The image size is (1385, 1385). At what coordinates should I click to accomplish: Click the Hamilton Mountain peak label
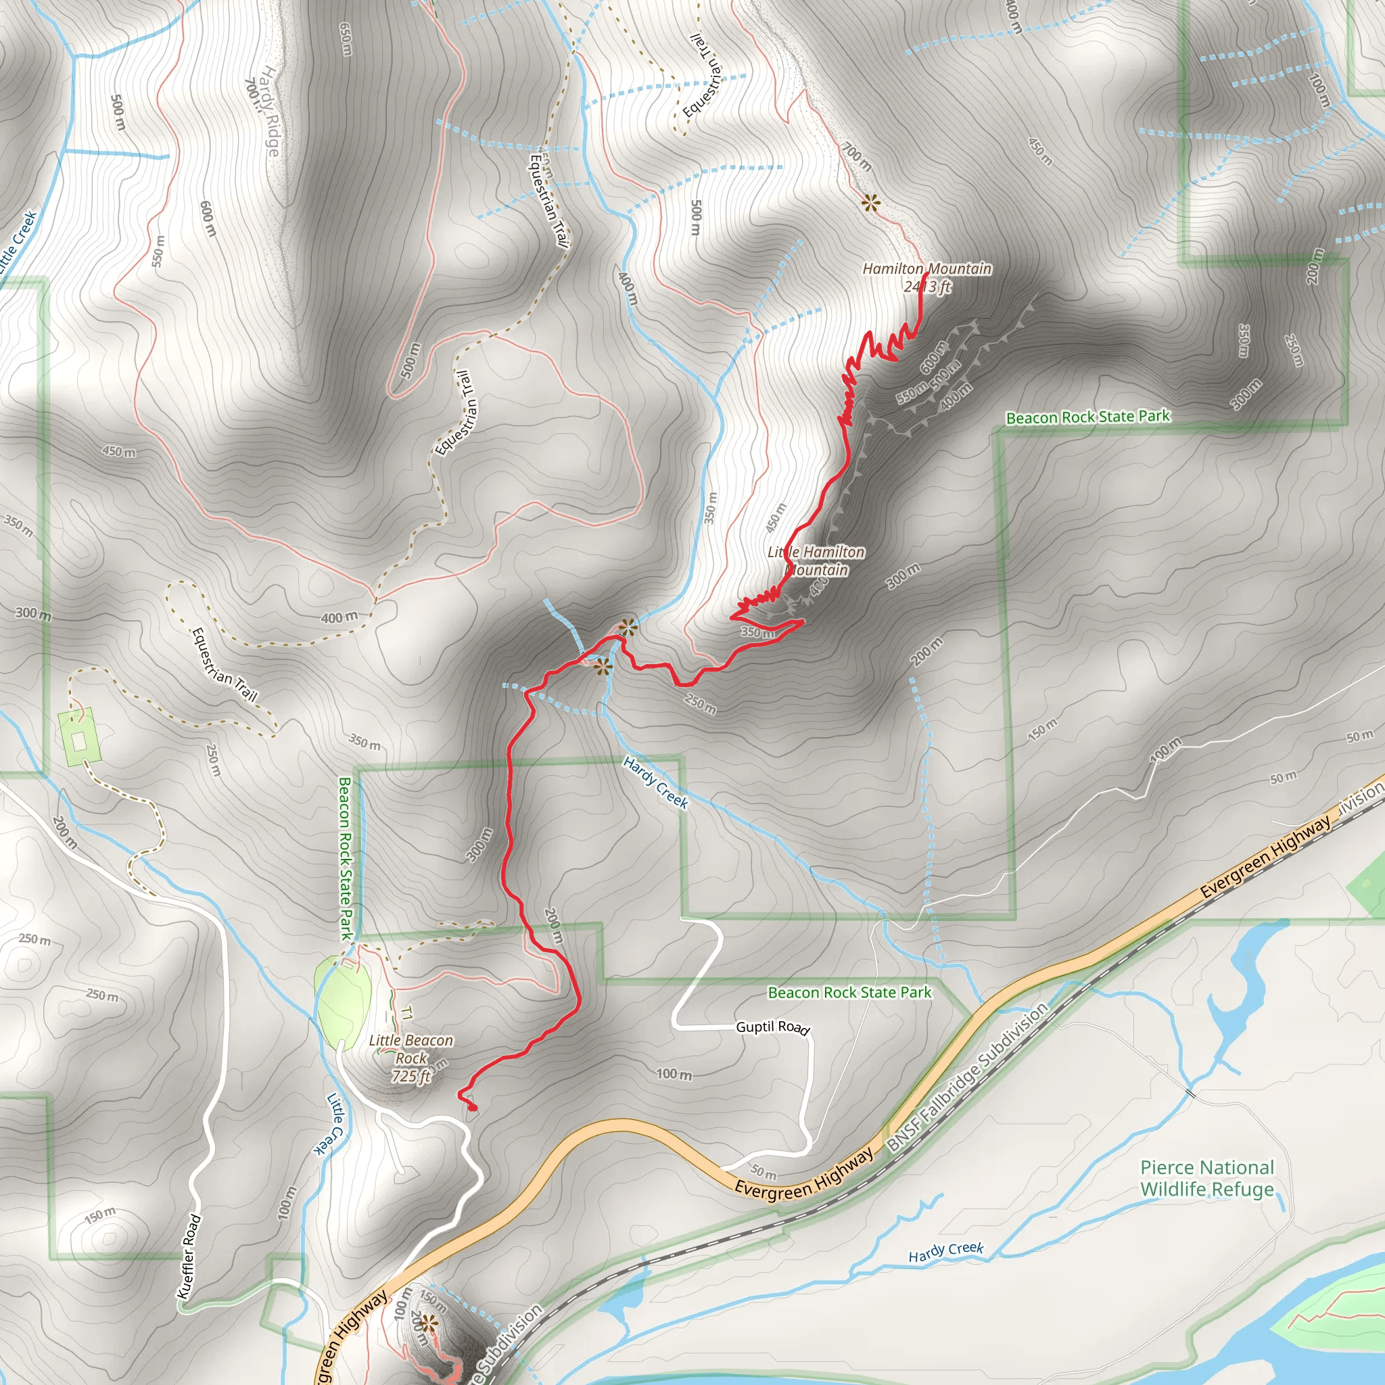pos(926,268)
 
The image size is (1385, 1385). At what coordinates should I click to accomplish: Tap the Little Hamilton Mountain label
pos(816,561)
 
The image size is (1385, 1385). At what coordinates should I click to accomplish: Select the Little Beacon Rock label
pos(410,1049)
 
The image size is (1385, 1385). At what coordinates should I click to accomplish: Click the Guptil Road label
pos(773,1027)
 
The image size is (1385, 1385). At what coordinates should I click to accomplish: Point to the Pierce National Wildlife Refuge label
pos(1207,1178)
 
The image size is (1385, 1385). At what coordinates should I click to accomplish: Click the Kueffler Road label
pos(189,1256)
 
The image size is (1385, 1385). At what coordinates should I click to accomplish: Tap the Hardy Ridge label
pos(269,110)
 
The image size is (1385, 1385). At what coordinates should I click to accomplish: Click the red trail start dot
pos(473,1108)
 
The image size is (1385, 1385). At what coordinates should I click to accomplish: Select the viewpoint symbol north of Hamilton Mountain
pos(870,204)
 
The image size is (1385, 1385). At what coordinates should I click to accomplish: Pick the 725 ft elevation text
pos(410,1076)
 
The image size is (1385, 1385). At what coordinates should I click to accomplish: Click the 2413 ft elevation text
pos(928,287)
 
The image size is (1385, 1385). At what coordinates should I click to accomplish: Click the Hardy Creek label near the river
pos(945,1252)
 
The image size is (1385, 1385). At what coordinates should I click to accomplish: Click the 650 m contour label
pos(346,39)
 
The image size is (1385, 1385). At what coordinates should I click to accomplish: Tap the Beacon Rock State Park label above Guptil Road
pos(849,992)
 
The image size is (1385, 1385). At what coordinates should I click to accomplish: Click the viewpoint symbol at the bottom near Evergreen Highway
pos(428,1323)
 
